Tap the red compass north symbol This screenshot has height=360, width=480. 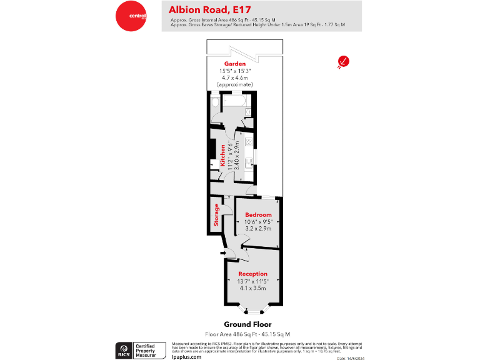(343, 61)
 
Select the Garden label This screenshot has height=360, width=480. (236, 64)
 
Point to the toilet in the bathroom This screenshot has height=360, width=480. (215, 102)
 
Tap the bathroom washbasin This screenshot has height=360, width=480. (247, 112)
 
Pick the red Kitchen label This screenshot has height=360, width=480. (222, 156)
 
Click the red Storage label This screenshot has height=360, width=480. (217, 215)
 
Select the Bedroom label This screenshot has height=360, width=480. (258, 214)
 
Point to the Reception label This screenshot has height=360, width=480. (252, 274)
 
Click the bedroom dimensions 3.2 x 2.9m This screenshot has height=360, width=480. (258, 229)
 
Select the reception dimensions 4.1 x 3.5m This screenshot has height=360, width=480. (252, 288)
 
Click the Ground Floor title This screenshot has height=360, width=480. (247, 324)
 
